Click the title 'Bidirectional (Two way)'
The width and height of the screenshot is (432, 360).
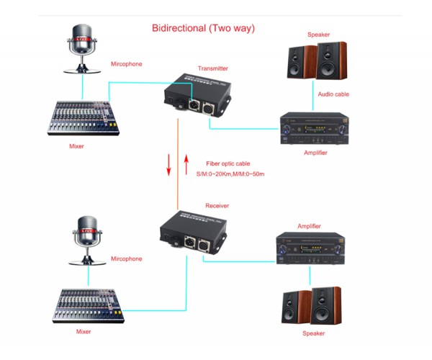click(203, 28)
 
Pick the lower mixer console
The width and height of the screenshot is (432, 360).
click(85, 306)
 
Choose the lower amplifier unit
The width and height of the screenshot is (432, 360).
click(310, 248)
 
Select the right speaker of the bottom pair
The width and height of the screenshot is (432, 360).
click(326, 306)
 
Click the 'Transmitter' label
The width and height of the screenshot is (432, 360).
click(212, 68)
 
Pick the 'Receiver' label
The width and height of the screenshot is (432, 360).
click(217, 205)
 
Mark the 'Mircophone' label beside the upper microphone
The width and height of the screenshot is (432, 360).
click(126, 64)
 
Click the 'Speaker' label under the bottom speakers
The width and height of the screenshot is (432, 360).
click(314, 333)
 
